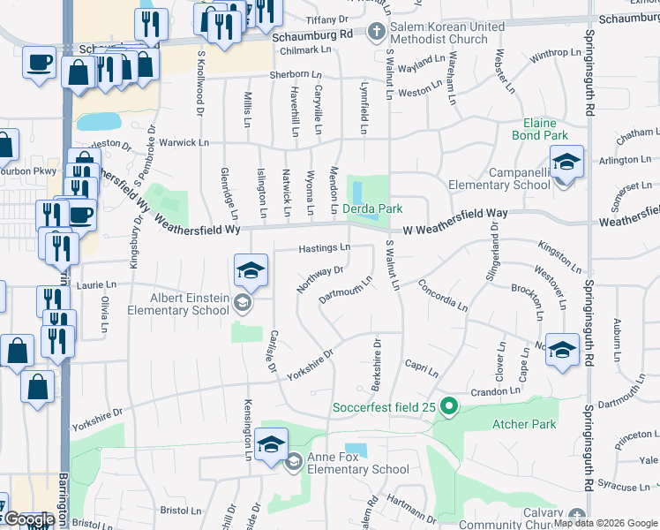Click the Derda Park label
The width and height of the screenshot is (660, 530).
pyautogui.click(x=372, y=208)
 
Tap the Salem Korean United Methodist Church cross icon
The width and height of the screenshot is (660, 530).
pyautogui.click(x=377, y=33)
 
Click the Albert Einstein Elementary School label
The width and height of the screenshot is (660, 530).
pyautogui.click(x=183, y=304)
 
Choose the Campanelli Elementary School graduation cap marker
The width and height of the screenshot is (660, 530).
pyautogui.click(x=566, y=163)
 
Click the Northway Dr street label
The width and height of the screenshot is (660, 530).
pyautogui.click(x=319, y=279)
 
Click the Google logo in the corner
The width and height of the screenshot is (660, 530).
pyautogui.click(x=28, y=519)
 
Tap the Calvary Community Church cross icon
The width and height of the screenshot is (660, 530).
pyautogui.click(x=578, y=515)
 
